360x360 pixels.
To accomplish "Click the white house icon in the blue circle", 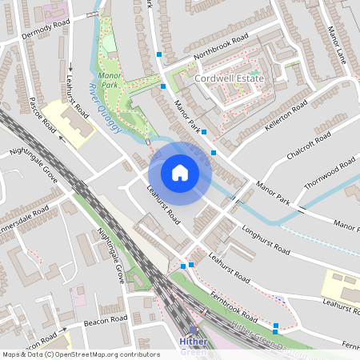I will (x=180, y=173).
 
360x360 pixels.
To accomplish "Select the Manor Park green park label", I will (x=108, y=78).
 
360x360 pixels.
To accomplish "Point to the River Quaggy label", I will (x=104, y=110).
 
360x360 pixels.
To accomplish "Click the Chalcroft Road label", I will (x=307, y=146).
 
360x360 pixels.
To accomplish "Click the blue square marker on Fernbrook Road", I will (x=276, y=326).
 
